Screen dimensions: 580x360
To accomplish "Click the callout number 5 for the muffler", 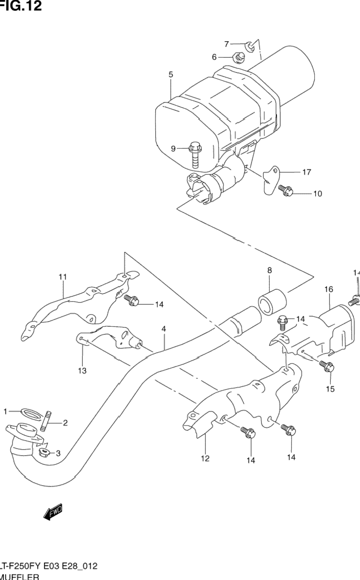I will (170, 74).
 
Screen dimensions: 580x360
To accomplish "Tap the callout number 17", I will (306, 172).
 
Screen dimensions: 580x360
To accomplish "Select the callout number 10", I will (317, 193).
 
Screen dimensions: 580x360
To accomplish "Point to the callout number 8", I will (269, 271).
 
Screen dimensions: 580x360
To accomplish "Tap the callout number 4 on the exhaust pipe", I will (163, 329).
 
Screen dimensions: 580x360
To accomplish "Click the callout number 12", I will (205, 458).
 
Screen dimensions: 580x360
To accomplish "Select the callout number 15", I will (329, 389).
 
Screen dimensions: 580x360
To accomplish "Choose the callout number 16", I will (329, 290).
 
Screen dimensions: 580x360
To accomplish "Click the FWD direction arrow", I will (53, 511).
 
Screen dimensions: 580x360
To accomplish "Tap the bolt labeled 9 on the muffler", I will (194, 153).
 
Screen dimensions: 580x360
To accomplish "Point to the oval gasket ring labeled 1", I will (31, 412).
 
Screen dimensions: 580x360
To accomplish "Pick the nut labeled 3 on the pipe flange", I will (44, 452).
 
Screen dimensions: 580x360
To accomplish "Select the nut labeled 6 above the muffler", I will (239, 58).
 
